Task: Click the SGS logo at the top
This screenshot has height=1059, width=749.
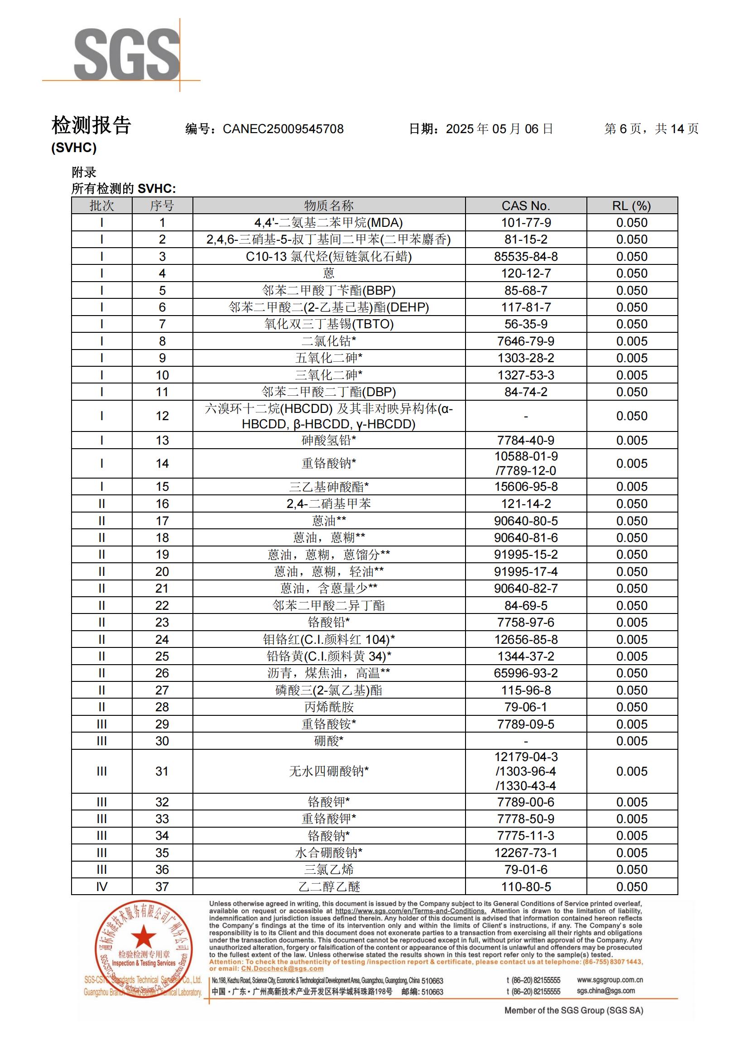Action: [x=126, y=54]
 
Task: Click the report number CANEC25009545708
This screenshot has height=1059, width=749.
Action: [x=283, y=129]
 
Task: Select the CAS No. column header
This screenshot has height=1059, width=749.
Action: [x=525, y=206]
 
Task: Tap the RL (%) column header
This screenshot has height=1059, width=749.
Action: [x=631, y=206]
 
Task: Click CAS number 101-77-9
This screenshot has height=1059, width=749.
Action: [x=526, y=223]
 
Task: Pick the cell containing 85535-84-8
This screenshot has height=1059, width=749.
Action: [x=526, y=256]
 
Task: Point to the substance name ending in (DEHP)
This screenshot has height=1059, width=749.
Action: [x=328, y=307]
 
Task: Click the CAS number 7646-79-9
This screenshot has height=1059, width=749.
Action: [x=526, y=341]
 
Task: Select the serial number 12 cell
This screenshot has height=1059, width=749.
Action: [x=162, y=416]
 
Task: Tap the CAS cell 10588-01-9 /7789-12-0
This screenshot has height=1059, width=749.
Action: [x=526, y=464]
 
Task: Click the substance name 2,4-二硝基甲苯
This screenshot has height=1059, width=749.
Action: [x=328, y=503]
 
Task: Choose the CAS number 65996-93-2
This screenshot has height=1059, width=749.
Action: [x=526, y=673]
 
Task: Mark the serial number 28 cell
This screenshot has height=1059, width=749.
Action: [x=162, y=707]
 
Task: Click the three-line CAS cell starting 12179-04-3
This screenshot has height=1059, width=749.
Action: [x=526, y=771]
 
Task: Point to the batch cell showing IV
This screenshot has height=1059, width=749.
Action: [x=101, y=886]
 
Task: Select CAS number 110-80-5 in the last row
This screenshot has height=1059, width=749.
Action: [x=526, y=886]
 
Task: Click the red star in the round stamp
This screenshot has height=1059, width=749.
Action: [x=144, y=938]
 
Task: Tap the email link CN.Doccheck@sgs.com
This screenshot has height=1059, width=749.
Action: [x=282, y=968]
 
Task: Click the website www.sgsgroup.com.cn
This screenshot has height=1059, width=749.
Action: [x=610, y=980]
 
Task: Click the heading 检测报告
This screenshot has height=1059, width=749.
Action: [x=91, y=125]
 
